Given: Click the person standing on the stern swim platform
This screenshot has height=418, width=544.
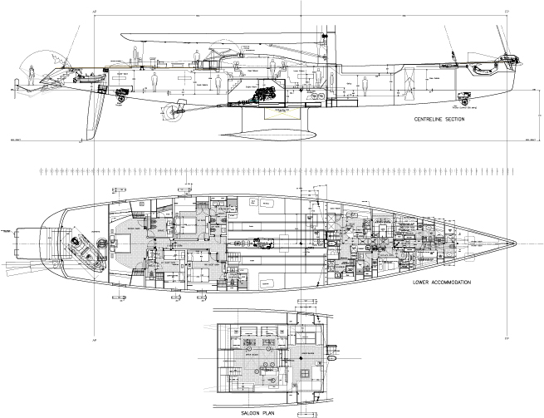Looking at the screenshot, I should pyautogui.click(x=32, y=75).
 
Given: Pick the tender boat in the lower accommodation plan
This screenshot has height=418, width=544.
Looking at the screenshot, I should pyautogui.click(x=84, y=248).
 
